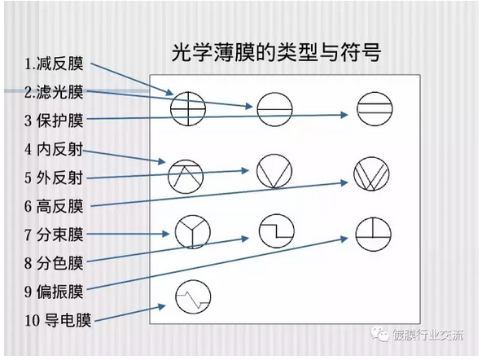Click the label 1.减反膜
click(x=54, y=64)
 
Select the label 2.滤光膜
click(x=54, y=91)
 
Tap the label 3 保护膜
click(x=54, y=121)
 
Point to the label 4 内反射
click(x=54, y=149)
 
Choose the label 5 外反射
click(x=54, y=178)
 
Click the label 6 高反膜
click(x=54, y=206)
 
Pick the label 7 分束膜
click(x=54, y=235)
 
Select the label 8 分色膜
click(x=54, y=263)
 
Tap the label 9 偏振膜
click(x=54, y=291)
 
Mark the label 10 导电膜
click(x=58, y=320)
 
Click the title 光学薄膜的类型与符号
click(x=276, y=52)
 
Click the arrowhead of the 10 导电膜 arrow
click(x=162, y=306)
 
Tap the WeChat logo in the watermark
click(x=380, y=334)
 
